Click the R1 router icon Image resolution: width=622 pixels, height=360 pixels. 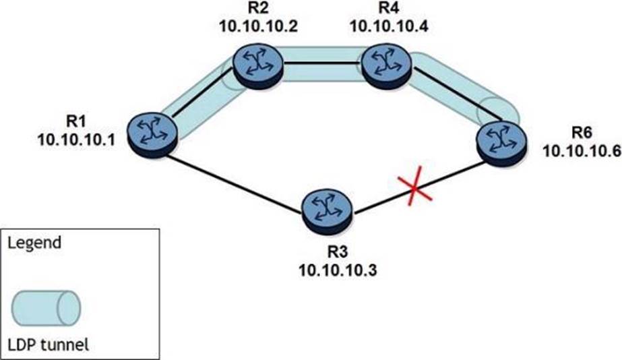click(152, 133)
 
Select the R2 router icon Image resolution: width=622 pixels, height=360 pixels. click(258, 66)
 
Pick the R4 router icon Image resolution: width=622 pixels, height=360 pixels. click(386, 66)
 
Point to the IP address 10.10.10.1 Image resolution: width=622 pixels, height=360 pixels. click(76, 140)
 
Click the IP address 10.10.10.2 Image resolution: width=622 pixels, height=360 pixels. click(258, 26)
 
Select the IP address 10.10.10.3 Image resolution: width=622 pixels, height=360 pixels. click(338, 270)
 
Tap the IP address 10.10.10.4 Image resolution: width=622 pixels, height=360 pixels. click(388, 26)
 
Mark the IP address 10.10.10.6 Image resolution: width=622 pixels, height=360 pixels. click(582, 150)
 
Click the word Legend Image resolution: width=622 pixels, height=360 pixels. click(34, 243)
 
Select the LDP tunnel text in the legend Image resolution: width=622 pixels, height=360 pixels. click(49, 344)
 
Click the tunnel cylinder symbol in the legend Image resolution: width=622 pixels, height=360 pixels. click(46, 308)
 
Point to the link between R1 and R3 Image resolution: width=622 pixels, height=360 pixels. click(234, 185)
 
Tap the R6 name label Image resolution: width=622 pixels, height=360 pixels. click(582, 132)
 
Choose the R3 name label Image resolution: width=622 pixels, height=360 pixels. click(338, 251)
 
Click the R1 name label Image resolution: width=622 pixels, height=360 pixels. click(75, 121)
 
